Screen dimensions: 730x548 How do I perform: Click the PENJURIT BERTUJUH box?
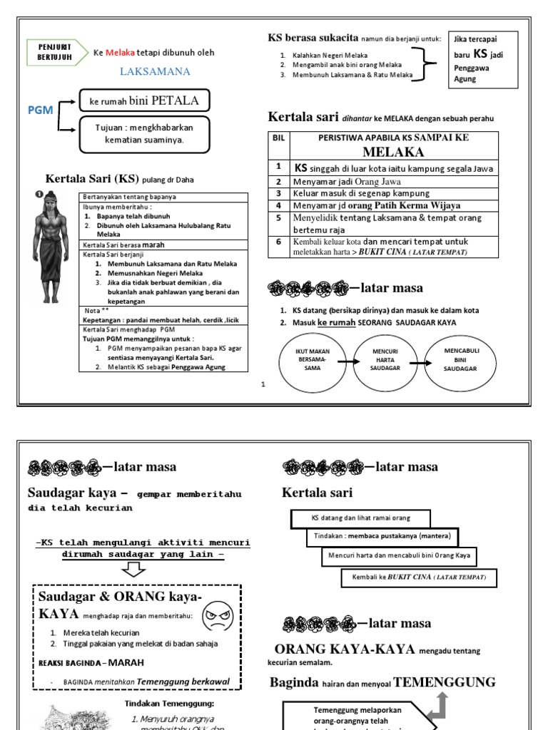(x=55, y=52)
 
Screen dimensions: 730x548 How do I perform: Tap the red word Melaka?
(x=118, y=52)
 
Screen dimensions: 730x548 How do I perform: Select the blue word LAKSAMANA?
(x=155, y=71)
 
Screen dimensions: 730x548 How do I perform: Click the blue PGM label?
(x=40, y=110)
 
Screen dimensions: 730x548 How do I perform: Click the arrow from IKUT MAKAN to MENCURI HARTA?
(x=345, y=363)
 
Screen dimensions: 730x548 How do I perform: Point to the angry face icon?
(x=217, y=615)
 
